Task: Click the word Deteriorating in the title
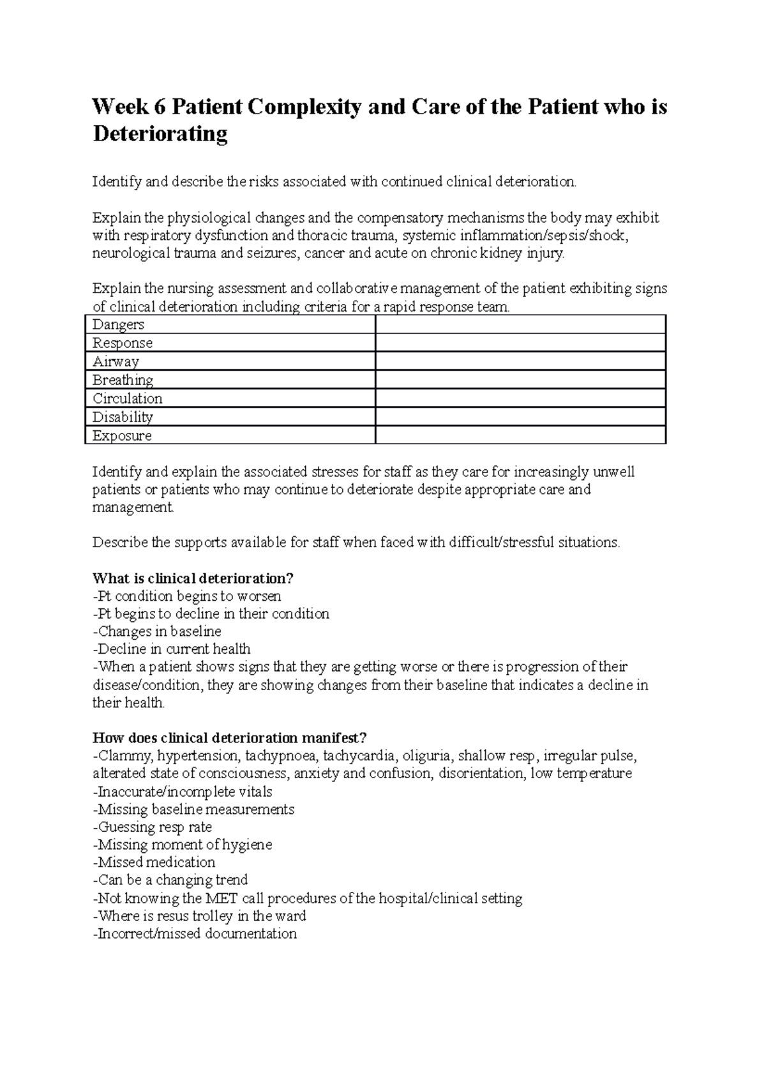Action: (160, 134)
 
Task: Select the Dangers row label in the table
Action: (119, 325)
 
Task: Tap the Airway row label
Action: (116, 362)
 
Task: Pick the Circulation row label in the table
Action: (128, 399)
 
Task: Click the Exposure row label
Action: (122, 436)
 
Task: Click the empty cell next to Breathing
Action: (520, 380)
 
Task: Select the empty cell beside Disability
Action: (520, 418)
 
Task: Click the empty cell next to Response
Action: (520, 343)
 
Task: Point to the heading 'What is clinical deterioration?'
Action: (193, 578)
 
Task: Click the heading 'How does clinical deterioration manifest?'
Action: (229, 738)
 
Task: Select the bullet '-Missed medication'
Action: (154, 862)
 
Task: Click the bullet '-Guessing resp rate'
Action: (152, 827)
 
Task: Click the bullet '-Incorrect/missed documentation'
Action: (195, 934)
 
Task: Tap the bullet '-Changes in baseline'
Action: (157, 631)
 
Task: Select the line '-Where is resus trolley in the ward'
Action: (199, 916)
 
